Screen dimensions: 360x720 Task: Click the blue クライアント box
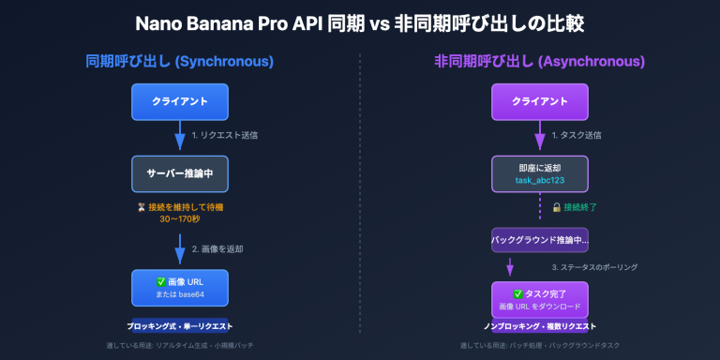[x=180, y=101]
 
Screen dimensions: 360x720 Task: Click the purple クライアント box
[x=540, y=101]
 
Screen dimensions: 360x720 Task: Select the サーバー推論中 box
[x=180, y=173]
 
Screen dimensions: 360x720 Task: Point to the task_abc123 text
[x=540, y=179]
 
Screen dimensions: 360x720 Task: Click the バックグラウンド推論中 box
[x=540, y=240]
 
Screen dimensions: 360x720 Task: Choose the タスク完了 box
[x=540, y=299]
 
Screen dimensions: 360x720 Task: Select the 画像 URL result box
[x=180, y=288]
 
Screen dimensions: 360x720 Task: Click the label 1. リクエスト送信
[x=225, y=135]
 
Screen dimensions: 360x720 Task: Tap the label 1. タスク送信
[x=577, y=135]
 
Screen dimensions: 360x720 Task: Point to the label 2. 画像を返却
[x=218, y=249]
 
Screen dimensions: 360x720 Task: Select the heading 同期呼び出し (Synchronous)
[x=180, y=62]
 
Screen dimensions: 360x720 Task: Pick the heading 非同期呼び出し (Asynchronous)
[x=539, y=62]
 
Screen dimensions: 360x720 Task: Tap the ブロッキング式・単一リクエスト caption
[x=180, y=326]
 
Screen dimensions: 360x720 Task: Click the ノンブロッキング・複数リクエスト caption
[x=540, y=326]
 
